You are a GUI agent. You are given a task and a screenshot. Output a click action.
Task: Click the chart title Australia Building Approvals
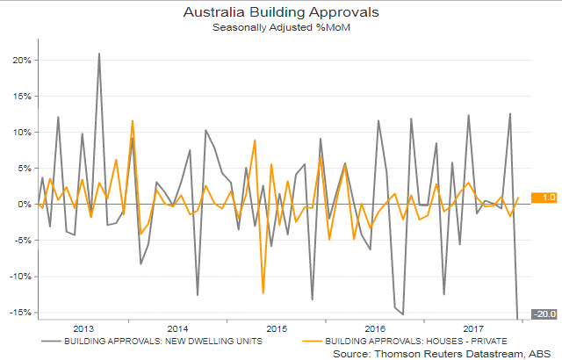[280, 13]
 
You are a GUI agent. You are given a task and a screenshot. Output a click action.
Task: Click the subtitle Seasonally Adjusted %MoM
[280, 28]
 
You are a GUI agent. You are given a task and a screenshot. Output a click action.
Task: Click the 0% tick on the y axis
[24, 205]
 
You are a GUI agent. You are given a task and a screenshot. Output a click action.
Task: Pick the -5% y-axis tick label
[22, 241]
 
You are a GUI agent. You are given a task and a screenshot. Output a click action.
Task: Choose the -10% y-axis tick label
[20, 277]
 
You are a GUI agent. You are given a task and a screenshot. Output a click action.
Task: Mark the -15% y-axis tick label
[20, 313]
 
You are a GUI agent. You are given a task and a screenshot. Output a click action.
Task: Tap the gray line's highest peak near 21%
[98, 54]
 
